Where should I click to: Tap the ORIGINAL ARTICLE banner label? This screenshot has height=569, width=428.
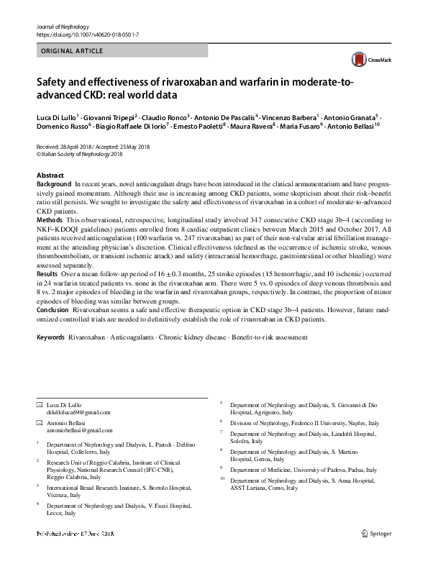73,51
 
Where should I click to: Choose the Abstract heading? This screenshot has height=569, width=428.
50,176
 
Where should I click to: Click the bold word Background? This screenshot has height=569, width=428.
54,185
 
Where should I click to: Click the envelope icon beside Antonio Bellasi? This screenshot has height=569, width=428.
39,423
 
